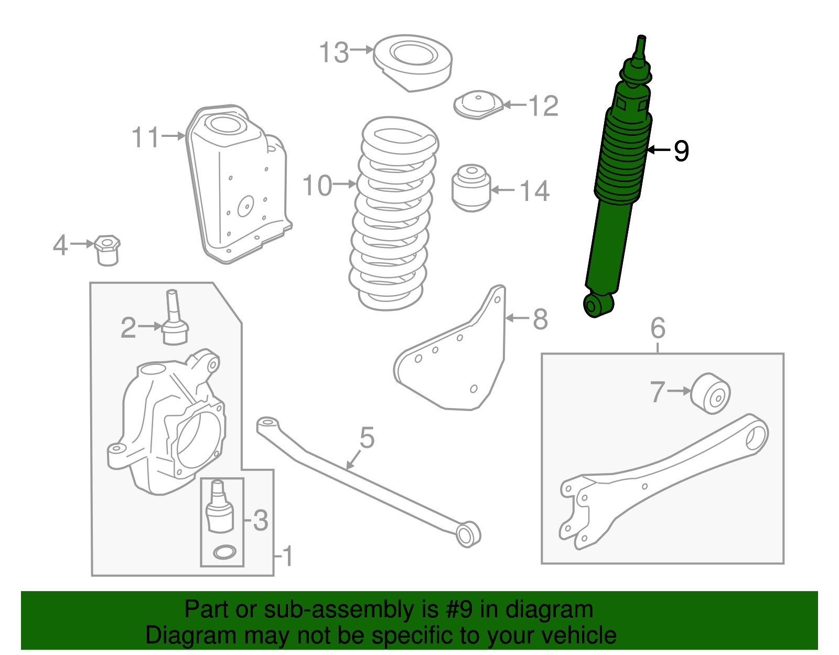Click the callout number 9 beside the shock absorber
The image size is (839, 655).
tap(681, 151)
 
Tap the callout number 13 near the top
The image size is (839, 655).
tap(334, 53)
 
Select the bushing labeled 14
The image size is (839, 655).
tap(471, 188)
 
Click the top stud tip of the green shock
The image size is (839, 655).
tap(641, 39)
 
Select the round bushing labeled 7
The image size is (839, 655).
tap(711, 393)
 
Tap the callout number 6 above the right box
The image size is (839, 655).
tap(658, 329)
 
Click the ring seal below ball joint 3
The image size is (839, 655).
tap(224, 552)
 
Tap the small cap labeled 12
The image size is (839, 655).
tap(478, 104)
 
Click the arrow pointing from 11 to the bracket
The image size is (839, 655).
tap(174, 136)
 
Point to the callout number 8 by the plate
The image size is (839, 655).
tap(540, 319)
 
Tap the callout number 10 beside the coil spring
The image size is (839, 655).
tap(317, 186)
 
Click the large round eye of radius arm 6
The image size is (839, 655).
tap(756, 437)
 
